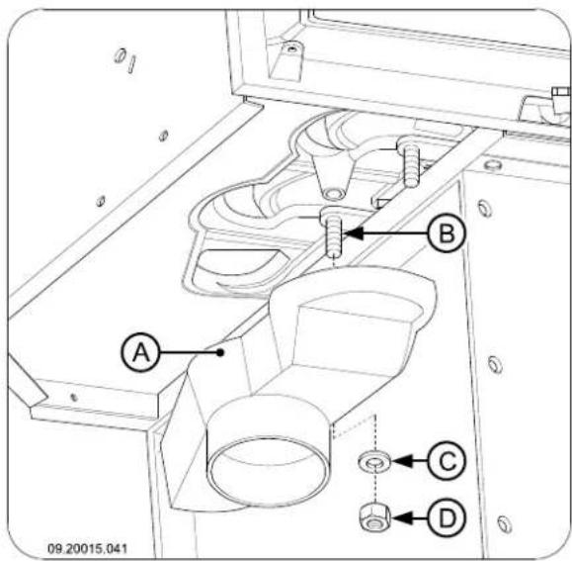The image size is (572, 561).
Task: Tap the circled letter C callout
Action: click(446, 460)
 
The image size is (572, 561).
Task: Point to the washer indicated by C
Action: click(373, 461)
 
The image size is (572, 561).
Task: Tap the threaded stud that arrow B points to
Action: click(333, 235)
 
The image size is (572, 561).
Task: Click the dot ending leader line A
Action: click(222, 350)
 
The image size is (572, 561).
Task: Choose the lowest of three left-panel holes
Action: click(101, 201)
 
